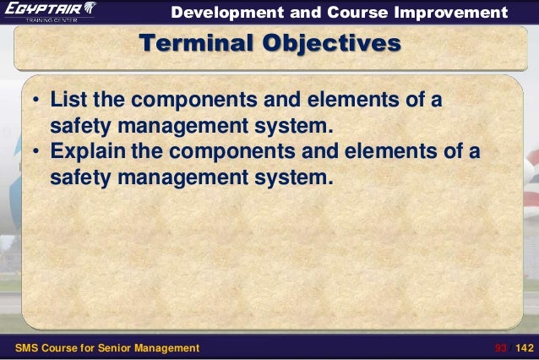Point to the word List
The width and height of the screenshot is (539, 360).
(x=68, y=102)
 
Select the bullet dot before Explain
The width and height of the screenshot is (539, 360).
(x=36, y=155)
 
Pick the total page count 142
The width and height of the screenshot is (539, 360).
(x=525, y=347)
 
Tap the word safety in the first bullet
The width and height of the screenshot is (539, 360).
(x=79, y=128)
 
